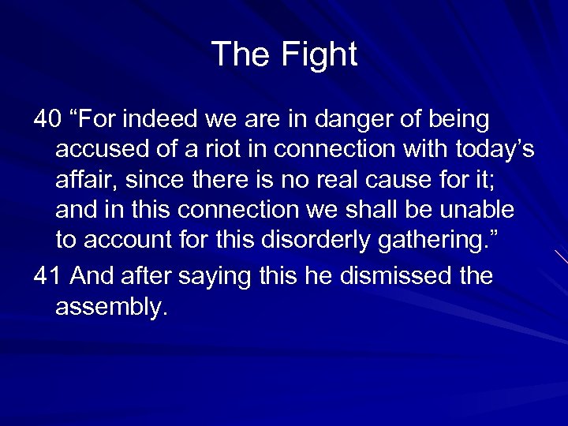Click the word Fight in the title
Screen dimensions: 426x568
click(318, 55)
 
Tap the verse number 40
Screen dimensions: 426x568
click(47, 120)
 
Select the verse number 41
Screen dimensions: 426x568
click(47, 276)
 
